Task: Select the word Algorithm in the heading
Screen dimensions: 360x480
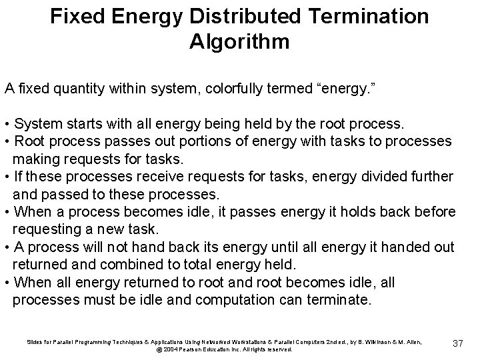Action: tap(239, 41)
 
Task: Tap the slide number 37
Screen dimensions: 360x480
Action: tap(457, 343)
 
